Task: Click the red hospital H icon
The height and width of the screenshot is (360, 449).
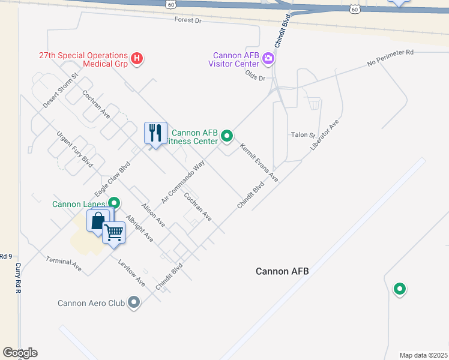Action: pyautogui.click(x=137, y=58)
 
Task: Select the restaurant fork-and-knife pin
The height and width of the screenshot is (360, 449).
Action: pyautogui.click(x=155, y=133)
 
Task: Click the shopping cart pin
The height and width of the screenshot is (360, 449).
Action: pyautogui.click(x=113, y=231)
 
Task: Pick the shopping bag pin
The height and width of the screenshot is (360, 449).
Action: pyautogui.click(x=98, y=221)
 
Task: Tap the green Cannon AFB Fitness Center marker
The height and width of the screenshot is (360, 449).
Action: pyautogui.click(x=227, y=136)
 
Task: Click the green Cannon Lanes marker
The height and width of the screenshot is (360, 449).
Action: pyautogui.click(x=114, y=203)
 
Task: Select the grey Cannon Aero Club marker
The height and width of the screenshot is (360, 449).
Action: pyautogui.click(x=134, y=303)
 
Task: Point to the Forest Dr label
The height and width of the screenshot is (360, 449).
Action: pyautogui.click(x=188, y=20)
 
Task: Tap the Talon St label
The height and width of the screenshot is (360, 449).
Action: pyautogui.click(x=303, y=135)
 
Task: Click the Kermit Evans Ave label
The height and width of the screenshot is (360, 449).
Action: pyautogui.click(x=259, y=162)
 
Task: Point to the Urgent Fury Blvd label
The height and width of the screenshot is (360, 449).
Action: pyautogui.click(x=75, y=149)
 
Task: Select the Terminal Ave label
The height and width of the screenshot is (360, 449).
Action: pyautogui.click(x=64, y=263)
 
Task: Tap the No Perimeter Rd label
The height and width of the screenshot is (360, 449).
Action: pyautogui.click(x=390, y=61)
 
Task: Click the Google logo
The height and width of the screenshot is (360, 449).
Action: pyautogui.click(x=20, y=353)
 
